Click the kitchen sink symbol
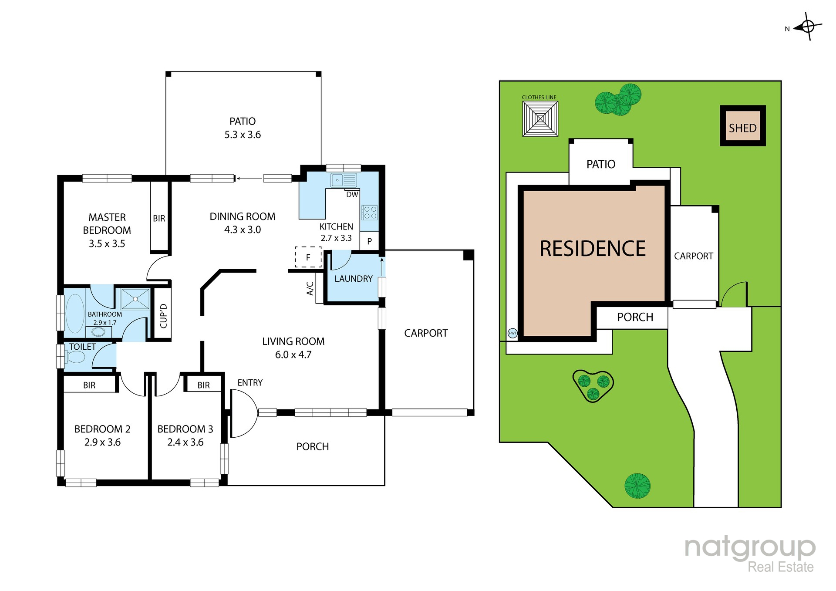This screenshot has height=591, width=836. pyautogui.click(x=344, y=180)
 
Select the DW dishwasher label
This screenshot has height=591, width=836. pyautogui.click(x=352, y=195)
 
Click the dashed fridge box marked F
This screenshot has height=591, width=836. pyautogui.click(x=308, y=257)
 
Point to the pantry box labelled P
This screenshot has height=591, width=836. pyautogui.click(x=369, y=241)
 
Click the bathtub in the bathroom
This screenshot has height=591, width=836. pyautogui.click(x=75, y=314)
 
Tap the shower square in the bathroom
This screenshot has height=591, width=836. pyautogui.click(x=135, y=299)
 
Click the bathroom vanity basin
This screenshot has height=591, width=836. pyautogui.click(x=98, y=332)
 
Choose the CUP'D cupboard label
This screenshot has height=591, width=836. pyautogui.click(x=164, y=316)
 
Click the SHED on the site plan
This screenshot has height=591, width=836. pyautogui.click(x=743, y=126)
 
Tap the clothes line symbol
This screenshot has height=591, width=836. pyautogui.click(x=540, y=119)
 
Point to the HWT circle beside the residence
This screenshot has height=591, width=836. pyautogui.click(x=512, y=333)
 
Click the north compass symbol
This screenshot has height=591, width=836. pyautogui.click(x=808, y=27)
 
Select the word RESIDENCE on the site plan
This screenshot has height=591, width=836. pyautogui.click(x=593, y=249)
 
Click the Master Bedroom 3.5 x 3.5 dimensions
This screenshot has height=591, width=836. pyautogui.click(x=107, y=244)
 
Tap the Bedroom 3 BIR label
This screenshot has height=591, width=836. pyautogui.click(x=203, y=385)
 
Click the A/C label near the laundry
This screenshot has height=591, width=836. pyautogui.click(x=310, y=289)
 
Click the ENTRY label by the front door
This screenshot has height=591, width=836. pyautogui.click(x=250, y=383)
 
